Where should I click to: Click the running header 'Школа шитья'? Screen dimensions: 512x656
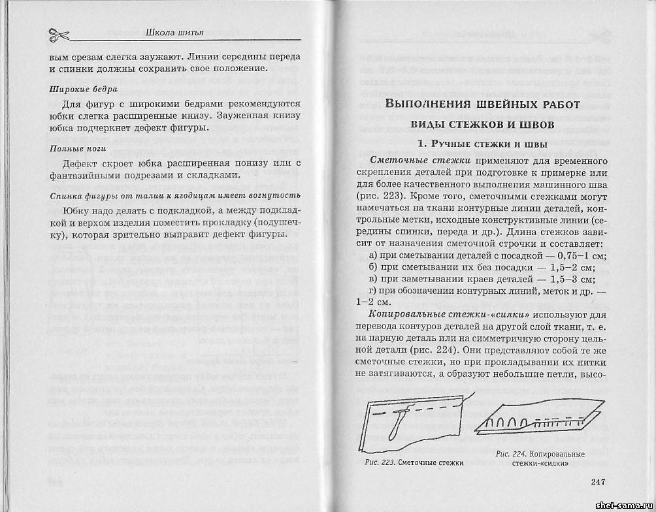coord(176,31)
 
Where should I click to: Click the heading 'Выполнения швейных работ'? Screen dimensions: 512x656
coord(482,104)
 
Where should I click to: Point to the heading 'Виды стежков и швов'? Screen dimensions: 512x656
coord(482,124)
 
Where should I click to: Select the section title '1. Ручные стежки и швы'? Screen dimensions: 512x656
coord(482,144)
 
